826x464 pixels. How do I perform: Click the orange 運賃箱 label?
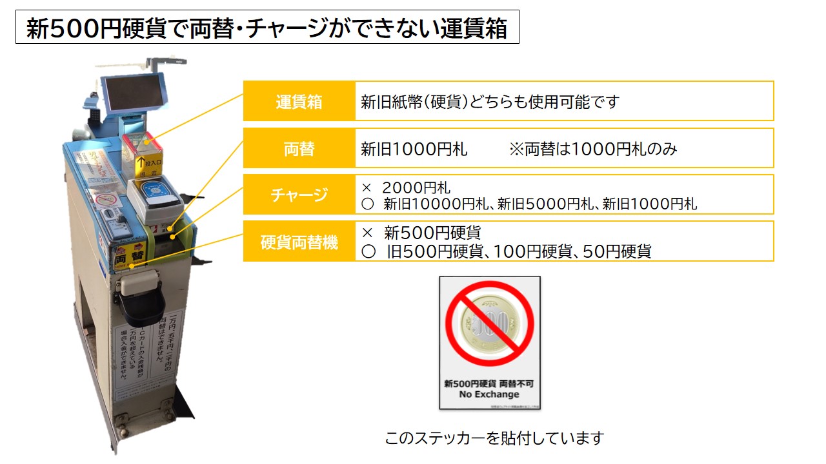[299, 101]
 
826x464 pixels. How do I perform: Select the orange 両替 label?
[299, 149]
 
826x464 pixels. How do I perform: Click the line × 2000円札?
[406, 188]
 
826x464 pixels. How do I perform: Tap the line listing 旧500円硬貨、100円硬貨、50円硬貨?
[507, 251]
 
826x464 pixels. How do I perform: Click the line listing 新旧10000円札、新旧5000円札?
[529, 204]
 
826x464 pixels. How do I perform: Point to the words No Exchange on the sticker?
[489, 394]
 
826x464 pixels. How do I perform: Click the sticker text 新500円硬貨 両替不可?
[489, 383]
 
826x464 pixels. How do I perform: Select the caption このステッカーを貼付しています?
[494, 439]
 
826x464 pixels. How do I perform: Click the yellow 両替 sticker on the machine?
[128, 256]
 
